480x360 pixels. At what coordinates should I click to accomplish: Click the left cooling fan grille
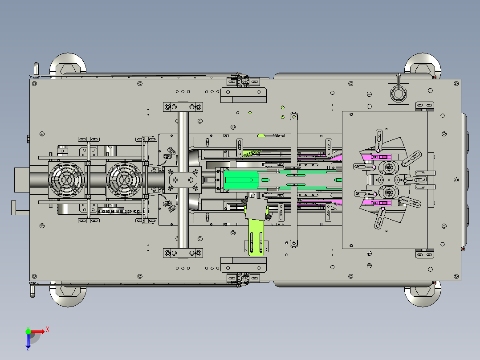(66, 180)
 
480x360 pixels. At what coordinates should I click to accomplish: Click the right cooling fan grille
(124, 180)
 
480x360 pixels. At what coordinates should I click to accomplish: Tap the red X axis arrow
(37, 331)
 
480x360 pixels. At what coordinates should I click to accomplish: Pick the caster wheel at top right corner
(423, 65)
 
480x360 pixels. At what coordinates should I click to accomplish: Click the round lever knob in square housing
(398, 93)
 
